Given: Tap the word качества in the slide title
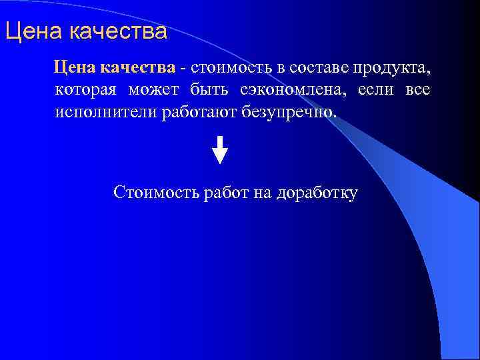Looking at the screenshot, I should click(117, 31).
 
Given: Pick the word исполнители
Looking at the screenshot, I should click(106, 112).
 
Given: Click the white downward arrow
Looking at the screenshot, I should click(220, 149).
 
